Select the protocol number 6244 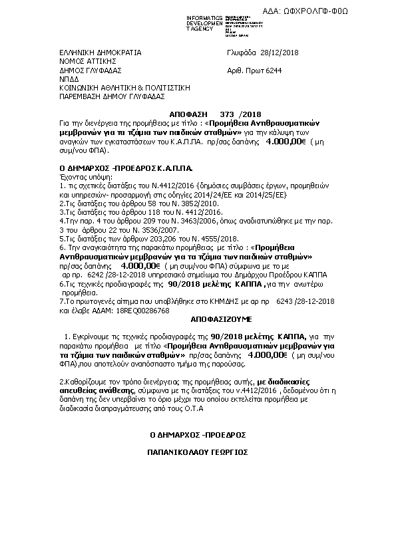point(273,69)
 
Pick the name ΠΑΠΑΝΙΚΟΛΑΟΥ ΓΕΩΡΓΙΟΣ point(198,450)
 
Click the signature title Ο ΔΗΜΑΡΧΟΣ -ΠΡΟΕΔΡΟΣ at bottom point(198,434)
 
